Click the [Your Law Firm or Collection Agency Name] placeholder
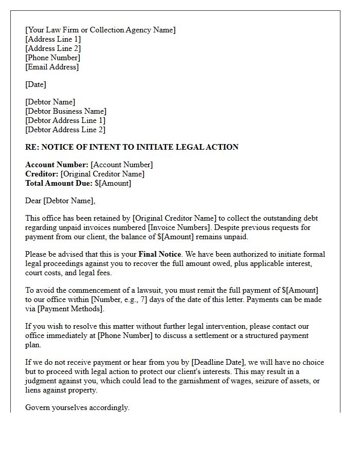(x=100, y=30)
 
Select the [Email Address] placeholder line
(x=52, y=67)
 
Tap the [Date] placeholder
(x=35, y=84)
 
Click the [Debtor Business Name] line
(x=66, y=111)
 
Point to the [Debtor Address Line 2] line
(x=65, y=130)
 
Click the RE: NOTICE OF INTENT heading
(x=132, y=147)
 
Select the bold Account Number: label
(x=57, y=165)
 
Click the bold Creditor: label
(x=42, y=174)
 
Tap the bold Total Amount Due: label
(x=59, y=183)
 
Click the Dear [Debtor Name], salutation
(x=60, y=201)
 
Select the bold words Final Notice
(x=159, y=254)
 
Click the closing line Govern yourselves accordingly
(x=77, y=407)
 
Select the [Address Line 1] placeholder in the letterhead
(x=53, y=39)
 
